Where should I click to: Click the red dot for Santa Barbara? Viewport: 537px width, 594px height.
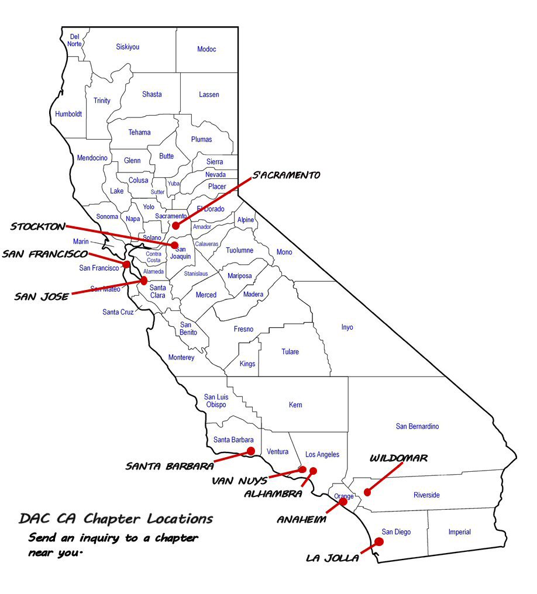point(251,451)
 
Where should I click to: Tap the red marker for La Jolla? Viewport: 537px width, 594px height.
point(379,542)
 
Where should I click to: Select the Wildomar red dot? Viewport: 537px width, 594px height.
point(367,492)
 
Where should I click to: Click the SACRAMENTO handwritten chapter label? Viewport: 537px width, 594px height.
point(287,175)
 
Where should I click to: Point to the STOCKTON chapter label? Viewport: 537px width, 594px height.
point(38,226)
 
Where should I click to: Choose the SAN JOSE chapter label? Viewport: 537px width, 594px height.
point(42,296)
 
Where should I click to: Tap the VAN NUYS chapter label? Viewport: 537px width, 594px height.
point(240,481)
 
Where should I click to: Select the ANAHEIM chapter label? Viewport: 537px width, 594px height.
point(301,519)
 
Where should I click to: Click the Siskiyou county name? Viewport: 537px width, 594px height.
point(128,47)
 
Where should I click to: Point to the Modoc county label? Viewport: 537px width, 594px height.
point(206,49)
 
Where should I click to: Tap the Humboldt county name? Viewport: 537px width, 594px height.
point(68,114)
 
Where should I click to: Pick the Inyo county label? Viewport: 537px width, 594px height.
point(347,327)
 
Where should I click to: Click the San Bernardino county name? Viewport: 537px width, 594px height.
point(417,426)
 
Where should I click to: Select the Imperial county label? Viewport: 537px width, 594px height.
point(460,532)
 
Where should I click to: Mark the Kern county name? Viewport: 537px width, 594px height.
point(295,405)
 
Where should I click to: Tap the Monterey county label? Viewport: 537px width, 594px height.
point(181,357)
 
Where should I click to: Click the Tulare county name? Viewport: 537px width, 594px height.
point(290,351)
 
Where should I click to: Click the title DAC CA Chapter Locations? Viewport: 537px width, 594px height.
point(116,519)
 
